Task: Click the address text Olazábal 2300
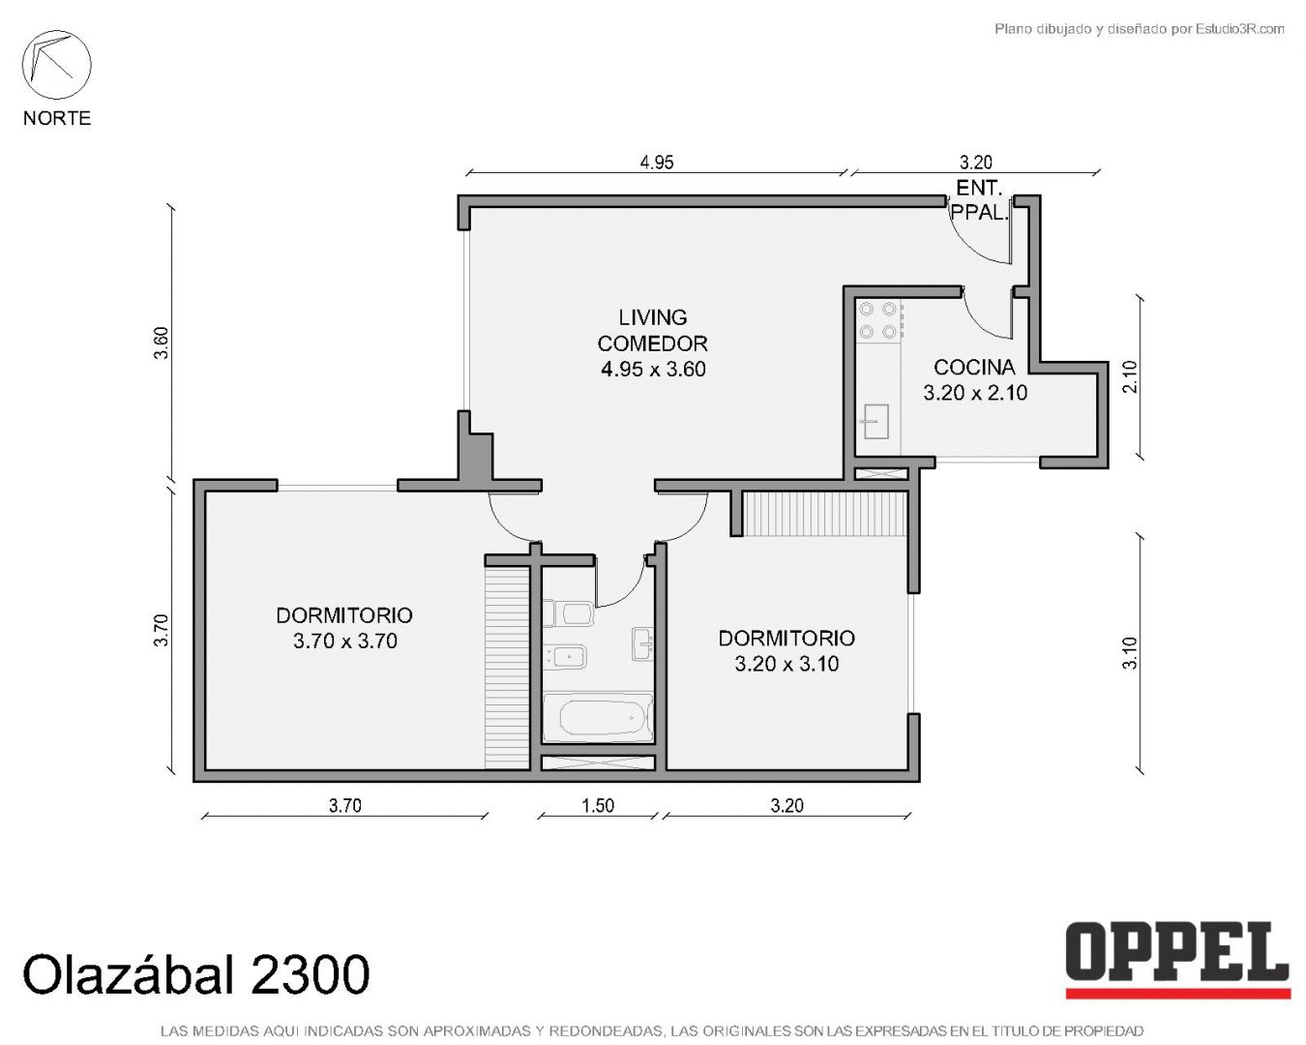195,974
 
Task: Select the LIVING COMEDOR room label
653,330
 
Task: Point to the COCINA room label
974,367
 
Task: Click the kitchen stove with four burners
878,320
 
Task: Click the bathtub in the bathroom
598,718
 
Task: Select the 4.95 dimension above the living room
657,163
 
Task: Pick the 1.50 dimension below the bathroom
598,805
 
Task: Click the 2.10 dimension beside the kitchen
1129,376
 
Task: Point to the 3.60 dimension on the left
161,343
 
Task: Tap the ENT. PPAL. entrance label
978,200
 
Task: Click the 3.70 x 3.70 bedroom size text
344,642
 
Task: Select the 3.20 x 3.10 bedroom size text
787,664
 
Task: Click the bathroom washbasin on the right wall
642,643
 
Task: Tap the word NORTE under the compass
57,118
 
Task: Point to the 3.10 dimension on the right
1129,653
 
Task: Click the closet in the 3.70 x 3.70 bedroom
507,668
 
